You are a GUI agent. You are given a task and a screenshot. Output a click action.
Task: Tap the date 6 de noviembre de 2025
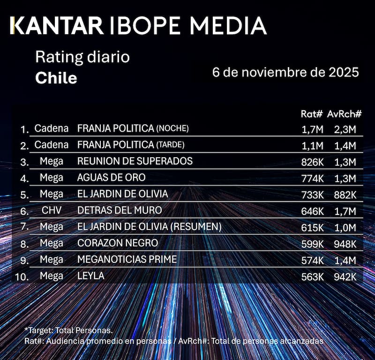(x=285, y=73)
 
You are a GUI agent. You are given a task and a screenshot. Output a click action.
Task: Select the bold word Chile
(x=56, y=77)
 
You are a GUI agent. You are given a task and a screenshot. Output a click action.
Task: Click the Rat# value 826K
(x=312, y=161)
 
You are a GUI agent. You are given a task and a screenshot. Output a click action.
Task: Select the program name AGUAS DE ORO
(x=111, y=177)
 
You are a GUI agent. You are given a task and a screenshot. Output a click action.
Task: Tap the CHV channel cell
(x=52, y=210)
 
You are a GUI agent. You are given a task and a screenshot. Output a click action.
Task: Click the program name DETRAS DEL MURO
(x=120, y=210)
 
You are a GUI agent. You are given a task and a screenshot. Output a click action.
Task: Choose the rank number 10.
(x=22, y=277)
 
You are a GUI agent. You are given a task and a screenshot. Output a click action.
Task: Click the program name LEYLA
(x=91, y=276)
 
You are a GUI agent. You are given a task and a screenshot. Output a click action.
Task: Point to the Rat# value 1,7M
(x=312, y=129)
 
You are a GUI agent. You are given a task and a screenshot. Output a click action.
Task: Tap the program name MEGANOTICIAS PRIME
(x=127, y=260)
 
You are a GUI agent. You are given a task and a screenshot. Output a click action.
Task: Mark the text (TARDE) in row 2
(x=170, y=145)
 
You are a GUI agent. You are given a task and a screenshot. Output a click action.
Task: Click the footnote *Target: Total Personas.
(x=68, y=331)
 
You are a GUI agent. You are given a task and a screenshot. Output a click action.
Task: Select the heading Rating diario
(x=82, y=58)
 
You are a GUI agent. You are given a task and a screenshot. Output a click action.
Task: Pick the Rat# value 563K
(x=312, y=276)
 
